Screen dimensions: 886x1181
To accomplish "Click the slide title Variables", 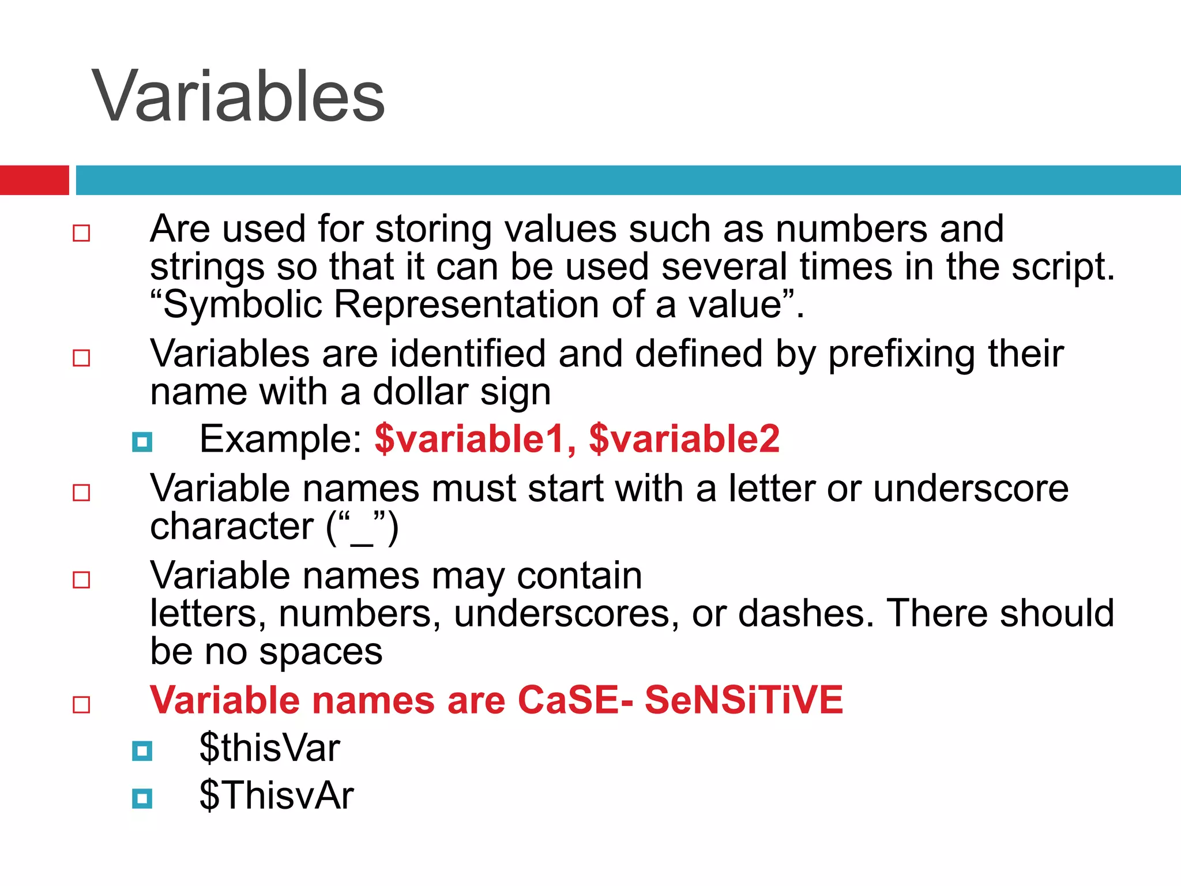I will (238, 96).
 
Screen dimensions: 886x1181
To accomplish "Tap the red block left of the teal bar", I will (34, 180).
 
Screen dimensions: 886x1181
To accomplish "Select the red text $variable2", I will (684, 439).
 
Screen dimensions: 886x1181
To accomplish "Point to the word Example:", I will (280, 439).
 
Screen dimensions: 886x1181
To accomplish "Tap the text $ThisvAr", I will (276, 795).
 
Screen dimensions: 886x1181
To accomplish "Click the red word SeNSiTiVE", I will (743, 700).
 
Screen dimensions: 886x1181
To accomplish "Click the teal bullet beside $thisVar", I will (142, 751).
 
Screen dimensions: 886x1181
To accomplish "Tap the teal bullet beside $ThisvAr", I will (142, 799).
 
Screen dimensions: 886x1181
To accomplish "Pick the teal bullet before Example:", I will (142, 442).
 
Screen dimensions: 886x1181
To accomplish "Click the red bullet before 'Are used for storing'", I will (81, 233).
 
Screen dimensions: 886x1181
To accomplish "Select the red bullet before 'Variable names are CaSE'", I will (81, 704).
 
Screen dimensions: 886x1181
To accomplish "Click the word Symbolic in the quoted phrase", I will (242, 305).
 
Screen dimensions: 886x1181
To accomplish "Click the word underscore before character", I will (971, 489).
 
